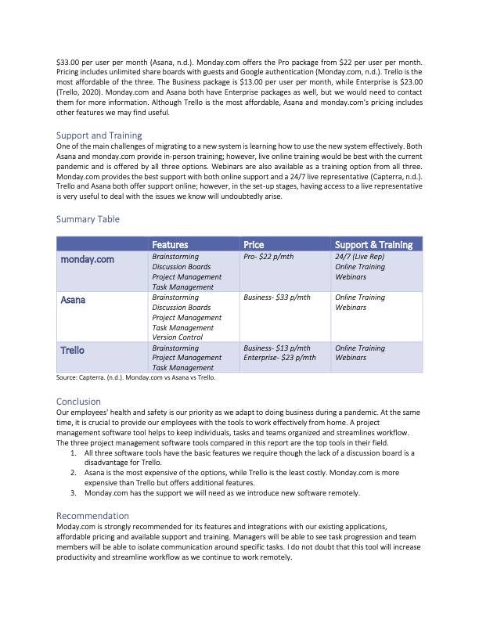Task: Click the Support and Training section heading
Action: pyautogui.click(x=99, y=135)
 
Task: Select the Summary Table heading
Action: pyautogui.click(x=88, y=219)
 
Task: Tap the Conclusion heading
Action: pyautogui.click(x=78, y=402)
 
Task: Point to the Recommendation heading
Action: pyautogui.click(x=92, y=516)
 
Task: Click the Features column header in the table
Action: pyautogui.click(x=170, y=245)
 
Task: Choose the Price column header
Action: pyautogui.click(x=254, y=245)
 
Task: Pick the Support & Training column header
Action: pyautogui.click(x=373, y=245)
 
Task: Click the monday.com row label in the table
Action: pyautogui.click(x=88, y=258)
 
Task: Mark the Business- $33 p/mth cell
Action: pyautogui.click(x=277, y=297)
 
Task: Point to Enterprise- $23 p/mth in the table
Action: pyautogui.click(x=279, y=358)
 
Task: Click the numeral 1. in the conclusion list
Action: pyautogui.click(x=74, y=453)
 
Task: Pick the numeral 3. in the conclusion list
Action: pyautogui.click(x=74, y=493)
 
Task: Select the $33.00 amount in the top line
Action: pyautogui.click(x=70, y=62)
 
